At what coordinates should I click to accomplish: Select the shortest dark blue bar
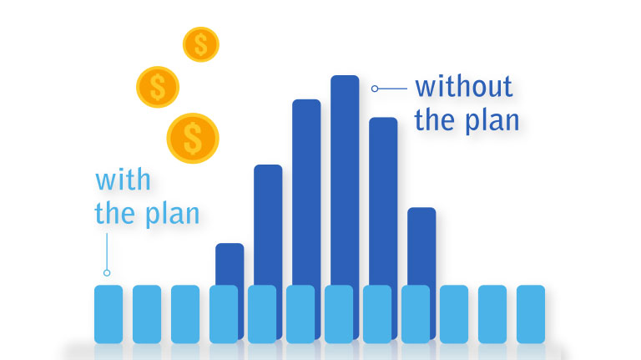tap(230, 263)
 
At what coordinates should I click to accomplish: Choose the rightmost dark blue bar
tap(421, 242)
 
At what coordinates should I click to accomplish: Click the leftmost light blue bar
tap(109, 314)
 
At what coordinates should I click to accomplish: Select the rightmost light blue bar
tap(531, 314)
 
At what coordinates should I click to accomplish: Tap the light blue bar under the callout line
tap(109, 314)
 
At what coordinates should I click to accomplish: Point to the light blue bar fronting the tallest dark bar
tap(339, 314)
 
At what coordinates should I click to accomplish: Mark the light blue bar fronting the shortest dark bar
tap(224, 314)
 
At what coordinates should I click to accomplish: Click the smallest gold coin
tap(200, 43)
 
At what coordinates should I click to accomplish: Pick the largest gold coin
tap(193, 138)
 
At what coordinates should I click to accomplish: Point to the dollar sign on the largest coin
tap(193, 138)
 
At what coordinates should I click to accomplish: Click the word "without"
tap(464, 86)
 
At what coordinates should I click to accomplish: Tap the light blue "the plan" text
tap(148, 213)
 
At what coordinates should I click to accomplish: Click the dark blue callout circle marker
tap(376, 87)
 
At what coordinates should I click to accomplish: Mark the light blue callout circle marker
tap(107, 272)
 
